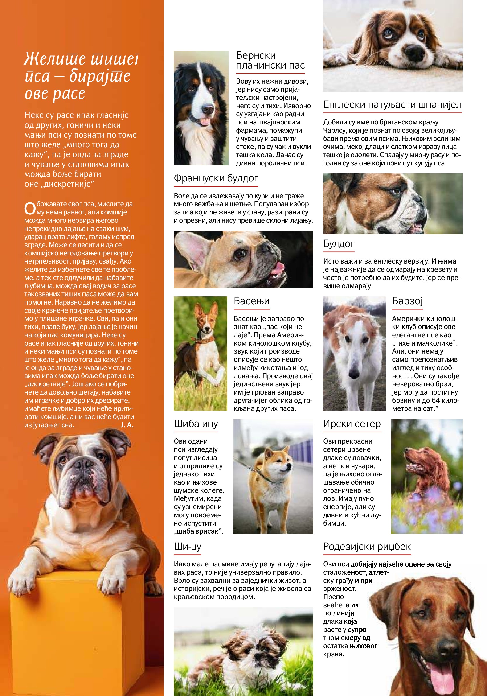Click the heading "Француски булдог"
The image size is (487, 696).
[x=216, y=178]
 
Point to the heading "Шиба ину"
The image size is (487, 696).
[x=196, y=424]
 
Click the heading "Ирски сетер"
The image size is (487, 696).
[x=352, y=424]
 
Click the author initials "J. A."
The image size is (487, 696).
[x=127, y=425]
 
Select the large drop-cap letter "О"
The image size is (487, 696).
[x=30, y=209]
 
